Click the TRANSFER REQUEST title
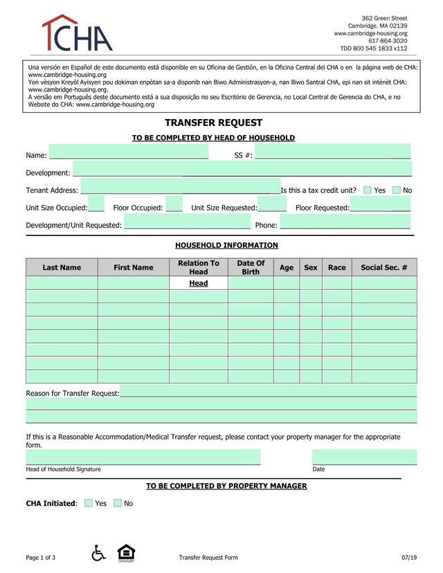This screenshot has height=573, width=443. point(213,122)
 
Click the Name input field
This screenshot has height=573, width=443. point(128,154)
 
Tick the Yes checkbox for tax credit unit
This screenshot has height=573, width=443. point(368,190)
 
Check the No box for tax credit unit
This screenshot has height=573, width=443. point(397,190)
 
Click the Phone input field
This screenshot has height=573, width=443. point(345,225)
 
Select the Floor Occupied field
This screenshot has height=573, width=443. point(174,207)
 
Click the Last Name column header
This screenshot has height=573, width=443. point(62,267)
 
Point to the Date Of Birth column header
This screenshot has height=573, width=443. point(251,267)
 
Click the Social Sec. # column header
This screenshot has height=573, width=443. point(384,267)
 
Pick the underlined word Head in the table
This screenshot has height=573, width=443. point(199,283)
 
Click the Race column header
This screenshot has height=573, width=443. point(336,267)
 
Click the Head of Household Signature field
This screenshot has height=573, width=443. point(143,457)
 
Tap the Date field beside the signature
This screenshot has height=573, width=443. point(364,457)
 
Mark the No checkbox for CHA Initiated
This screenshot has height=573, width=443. point(118,503)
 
